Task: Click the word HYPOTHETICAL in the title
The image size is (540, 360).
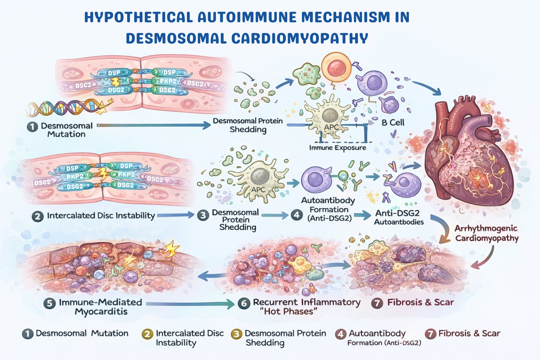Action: pos(139,17)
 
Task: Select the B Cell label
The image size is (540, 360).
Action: pos(393,123)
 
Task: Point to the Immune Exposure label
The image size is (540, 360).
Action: pos(337,148)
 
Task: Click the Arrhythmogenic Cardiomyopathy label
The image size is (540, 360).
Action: pos(486,233)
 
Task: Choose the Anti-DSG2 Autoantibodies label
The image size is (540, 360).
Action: pos(398,217)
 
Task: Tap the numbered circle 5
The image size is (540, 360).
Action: pos(50,303)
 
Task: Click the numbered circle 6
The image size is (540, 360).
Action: pos(244,303)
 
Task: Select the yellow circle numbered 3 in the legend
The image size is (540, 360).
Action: pos(236,334)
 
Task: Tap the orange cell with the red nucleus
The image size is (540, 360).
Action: pos(336,67)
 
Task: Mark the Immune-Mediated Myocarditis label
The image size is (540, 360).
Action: pos(101,307)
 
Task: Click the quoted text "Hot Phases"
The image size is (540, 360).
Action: pos(288,312)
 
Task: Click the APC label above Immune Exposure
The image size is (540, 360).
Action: pos(331,127)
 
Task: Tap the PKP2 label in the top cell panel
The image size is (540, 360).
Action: pos(168,81)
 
